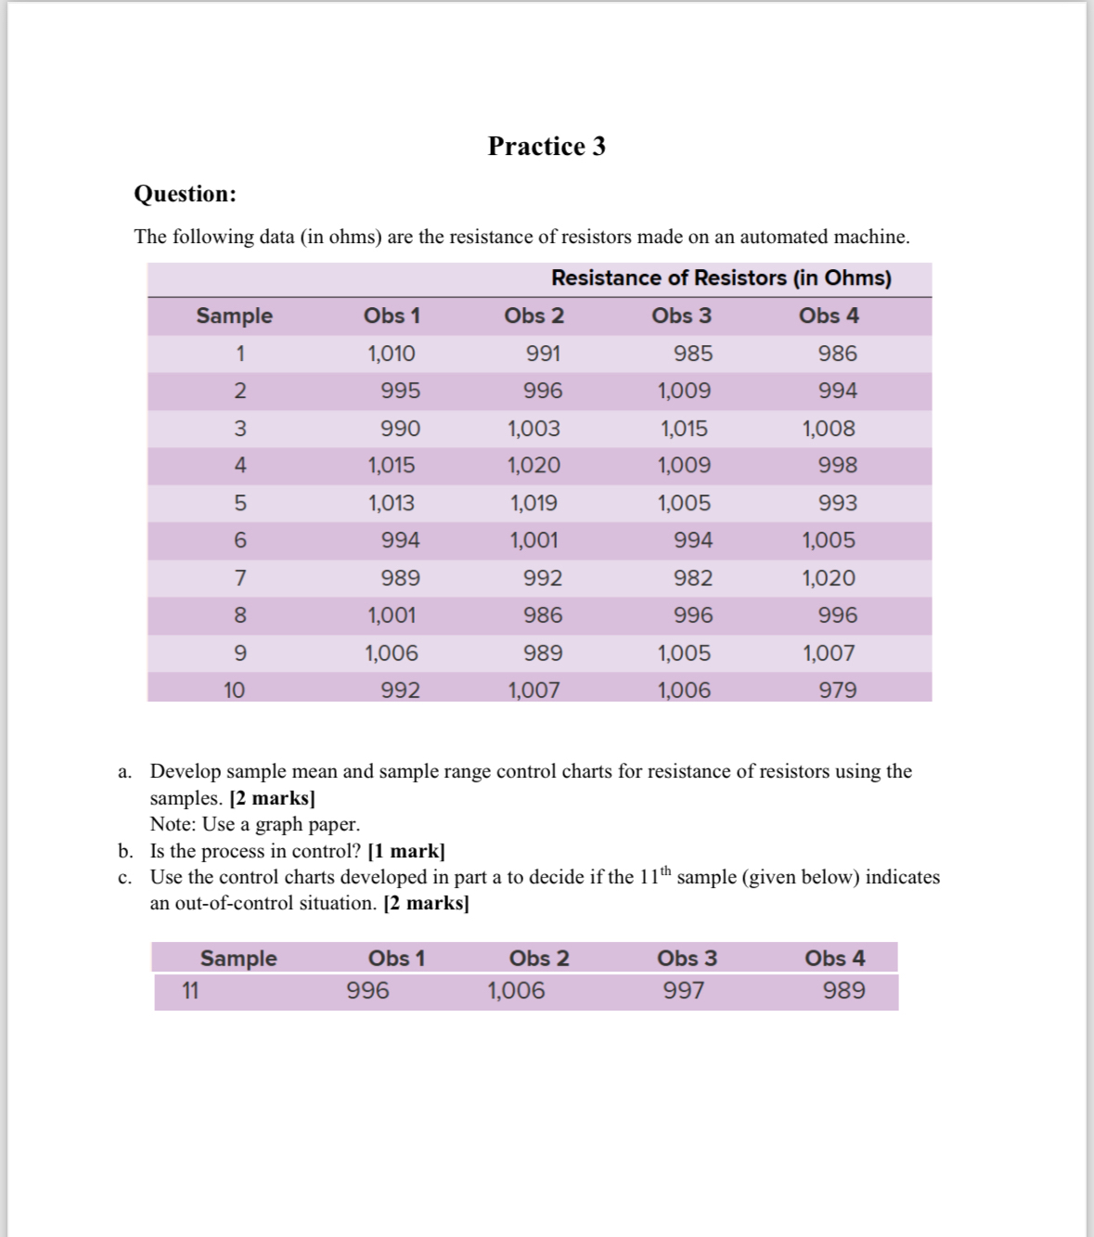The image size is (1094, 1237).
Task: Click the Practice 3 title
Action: pyautogui.click(x=547, y=147)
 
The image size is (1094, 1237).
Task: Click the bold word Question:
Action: pyautogui.click(x=185, y=194)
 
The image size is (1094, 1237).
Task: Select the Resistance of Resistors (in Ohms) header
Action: pyautogui.click(x=721, y=278)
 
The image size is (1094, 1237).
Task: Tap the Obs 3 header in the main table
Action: pyautogui.click(x=681, y=316)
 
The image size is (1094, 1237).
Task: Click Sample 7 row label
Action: pyautogui.click(x=239, y=578)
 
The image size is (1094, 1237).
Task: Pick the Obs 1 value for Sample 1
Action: pyautogui.click(x=391, y=354)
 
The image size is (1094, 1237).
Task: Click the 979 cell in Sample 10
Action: pyautogui.click(x=837, y=690)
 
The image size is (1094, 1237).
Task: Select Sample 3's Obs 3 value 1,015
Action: pyautogui.click(x=684, y=429)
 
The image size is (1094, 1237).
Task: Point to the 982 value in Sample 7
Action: pyautogui.click(x=692, y=578)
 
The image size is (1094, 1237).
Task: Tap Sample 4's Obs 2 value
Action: pyautogui.click(x=534, y=465)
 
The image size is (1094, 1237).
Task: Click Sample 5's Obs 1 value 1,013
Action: pyautogui.click(x=391, y=503)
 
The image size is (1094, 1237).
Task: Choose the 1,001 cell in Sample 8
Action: pyautogui.click(x=391, y=615)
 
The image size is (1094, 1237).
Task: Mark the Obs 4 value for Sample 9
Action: pyautogui.click(x=829, y=653)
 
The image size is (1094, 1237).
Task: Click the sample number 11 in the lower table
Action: pyautogui.click(x=190, y=991)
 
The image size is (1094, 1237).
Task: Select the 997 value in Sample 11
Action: pyautogui.click(x=683, y=991)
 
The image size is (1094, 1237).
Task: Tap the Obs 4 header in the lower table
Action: pyautogui.click(x=834, y=959)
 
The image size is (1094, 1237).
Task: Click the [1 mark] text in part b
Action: pyautogui.click(x=406, y=851)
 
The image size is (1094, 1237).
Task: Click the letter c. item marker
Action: pyautogui.click(x=124, y=878)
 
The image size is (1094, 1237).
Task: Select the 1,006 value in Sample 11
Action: pyautogui.click(x=516, y=991)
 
